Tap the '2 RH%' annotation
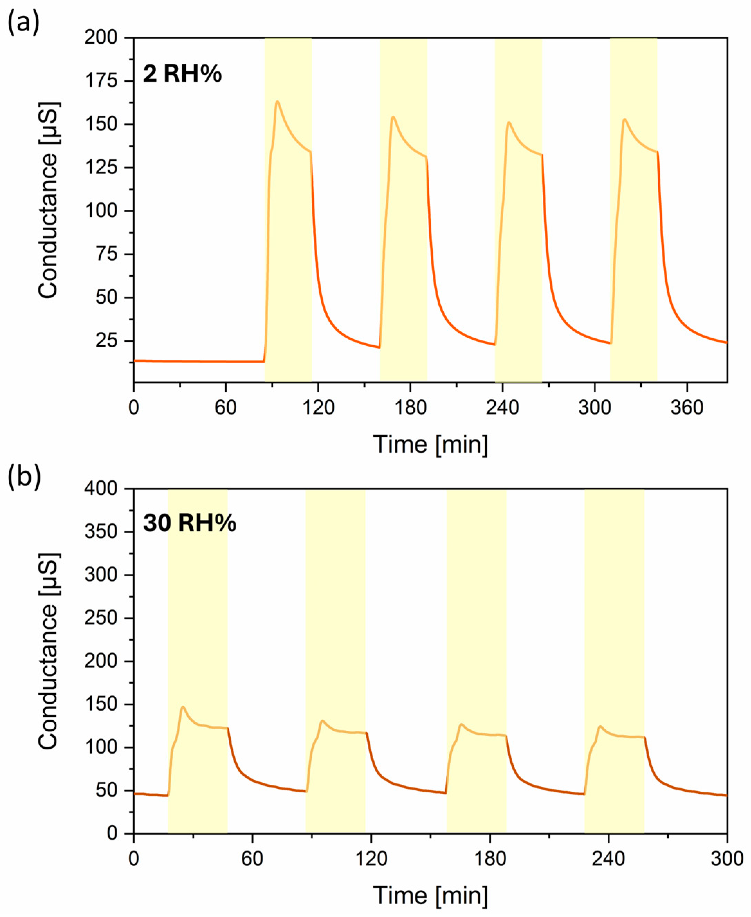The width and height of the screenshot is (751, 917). pos(182,74)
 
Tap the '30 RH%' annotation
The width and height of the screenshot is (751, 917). pos(190,524)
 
